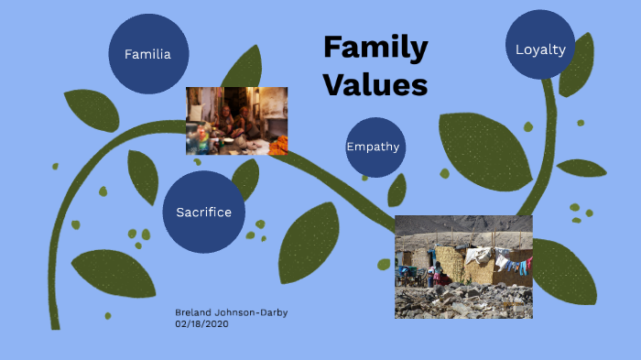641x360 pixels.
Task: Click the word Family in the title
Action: point(375,49)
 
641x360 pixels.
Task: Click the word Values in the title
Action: point(375,84)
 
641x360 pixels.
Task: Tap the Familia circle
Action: point(148,54)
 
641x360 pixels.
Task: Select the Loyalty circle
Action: point(540,45)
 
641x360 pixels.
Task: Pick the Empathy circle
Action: point(375,147)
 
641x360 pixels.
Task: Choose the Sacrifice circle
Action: point(204,213)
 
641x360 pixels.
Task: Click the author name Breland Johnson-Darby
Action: point(232,312)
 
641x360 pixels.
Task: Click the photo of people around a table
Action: point(236,121)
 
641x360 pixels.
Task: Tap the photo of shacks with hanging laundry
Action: point(462,267)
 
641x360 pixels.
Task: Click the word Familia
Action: point(148,54)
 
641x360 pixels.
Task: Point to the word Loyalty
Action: point(540,49)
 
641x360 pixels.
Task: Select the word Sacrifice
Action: point(204,213)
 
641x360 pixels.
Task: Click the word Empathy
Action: point(374,147)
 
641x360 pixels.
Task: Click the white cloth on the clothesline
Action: point(478,253)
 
